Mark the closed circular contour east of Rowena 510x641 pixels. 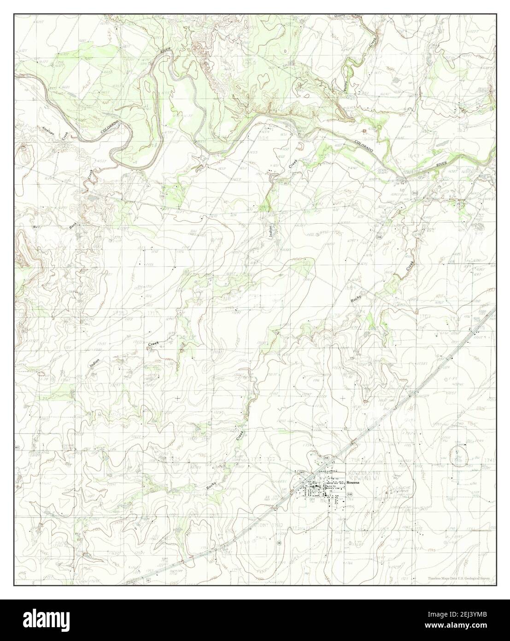click(x=459, y=455)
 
